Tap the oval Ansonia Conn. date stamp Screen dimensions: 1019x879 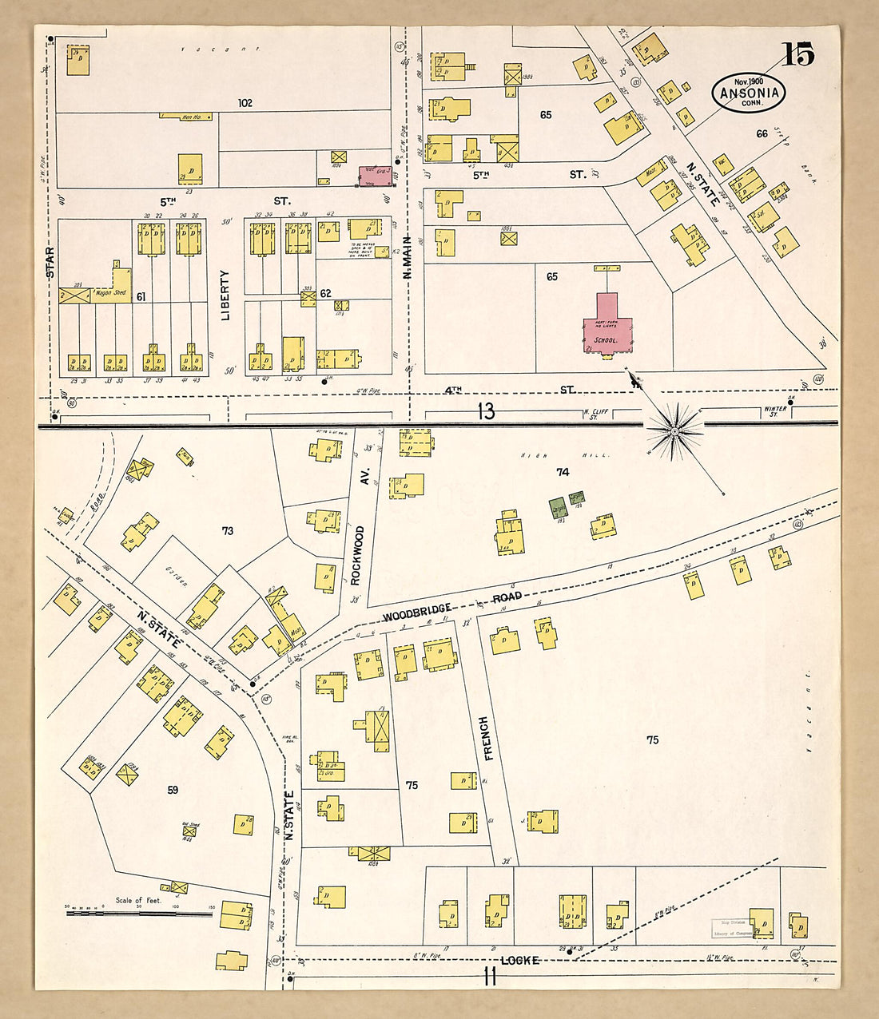pos(749,93)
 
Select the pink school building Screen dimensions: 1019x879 pos(605,323)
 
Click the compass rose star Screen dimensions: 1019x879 pos(674,432)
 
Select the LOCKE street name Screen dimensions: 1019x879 pos(521,960)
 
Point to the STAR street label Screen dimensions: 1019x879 pos(50,263)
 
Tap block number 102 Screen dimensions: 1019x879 pos(245,103)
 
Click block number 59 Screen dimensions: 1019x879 pos(173,790)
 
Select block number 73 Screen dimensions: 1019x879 pos(228,530)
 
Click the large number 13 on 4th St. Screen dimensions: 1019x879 pos(486,411)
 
